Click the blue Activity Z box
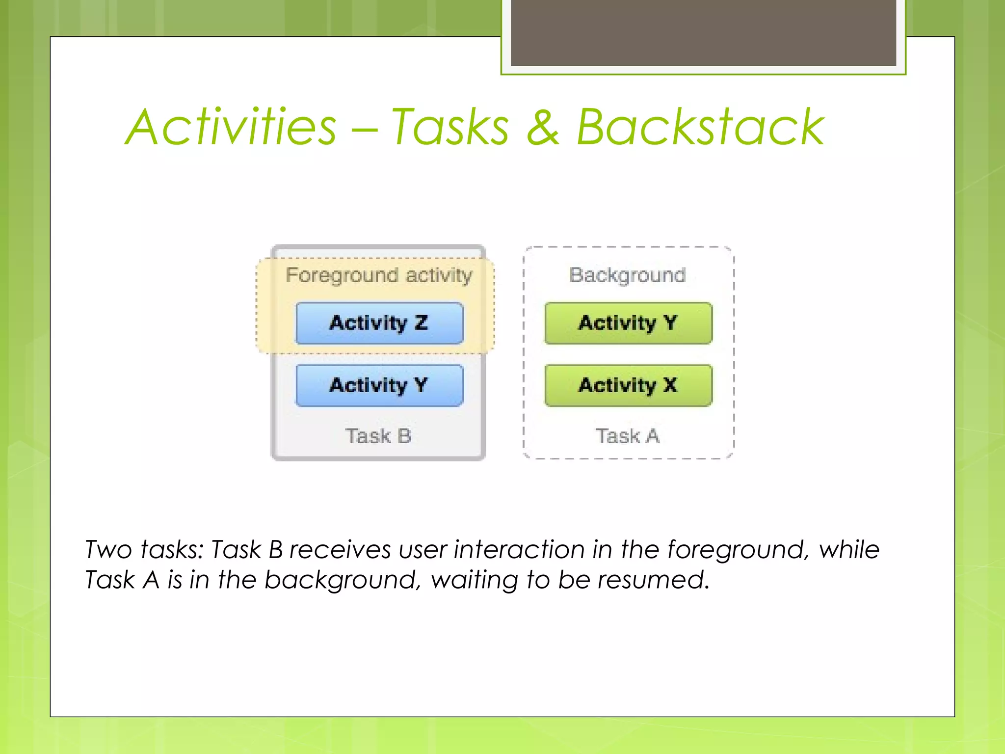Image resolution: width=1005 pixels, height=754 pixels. click(379, 323)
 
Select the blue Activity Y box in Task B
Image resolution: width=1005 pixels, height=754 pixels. click(379, 385)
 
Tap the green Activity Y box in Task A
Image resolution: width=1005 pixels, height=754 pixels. click(628, 323)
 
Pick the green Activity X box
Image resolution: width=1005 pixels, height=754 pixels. click(628, 385)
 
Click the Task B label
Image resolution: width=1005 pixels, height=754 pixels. click(378, 436)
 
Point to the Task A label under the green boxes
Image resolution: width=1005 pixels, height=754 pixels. click(628, 436)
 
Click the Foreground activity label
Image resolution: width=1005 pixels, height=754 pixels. click(379, 275)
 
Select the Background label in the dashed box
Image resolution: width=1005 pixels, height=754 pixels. click(627, 275)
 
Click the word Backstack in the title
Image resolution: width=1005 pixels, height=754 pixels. click(700, 127)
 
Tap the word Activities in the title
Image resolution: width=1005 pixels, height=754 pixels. click(231, 127)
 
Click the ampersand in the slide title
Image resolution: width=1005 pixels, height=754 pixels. click(543, 127)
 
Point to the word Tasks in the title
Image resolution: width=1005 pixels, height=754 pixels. click(450, 127)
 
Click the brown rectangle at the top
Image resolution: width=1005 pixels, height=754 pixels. click(703, 32)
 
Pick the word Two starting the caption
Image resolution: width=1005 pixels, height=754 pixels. click(108, 550)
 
